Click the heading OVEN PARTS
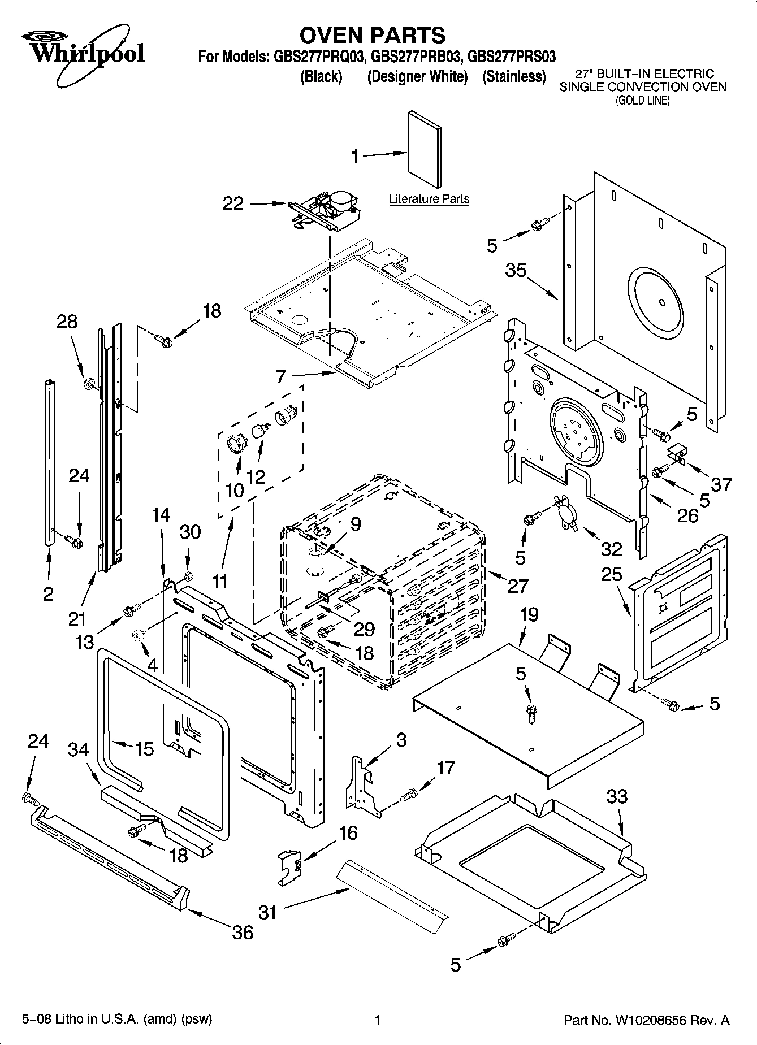click(372, 35)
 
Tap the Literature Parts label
click(429, 199)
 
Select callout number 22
click(232, 203)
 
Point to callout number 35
click(516, 271)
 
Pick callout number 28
click(67, 322)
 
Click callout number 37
click(721, 484)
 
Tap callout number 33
click(617, 796)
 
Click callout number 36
click(243, 931)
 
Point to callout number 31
click(267, 912)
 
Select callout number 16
click(349, 832)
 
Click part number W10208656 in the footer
click(661, 1020)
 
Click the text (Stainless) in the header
click(514, 77)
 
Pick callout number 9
click(355, 524)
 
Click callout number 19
click(529, 614)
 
